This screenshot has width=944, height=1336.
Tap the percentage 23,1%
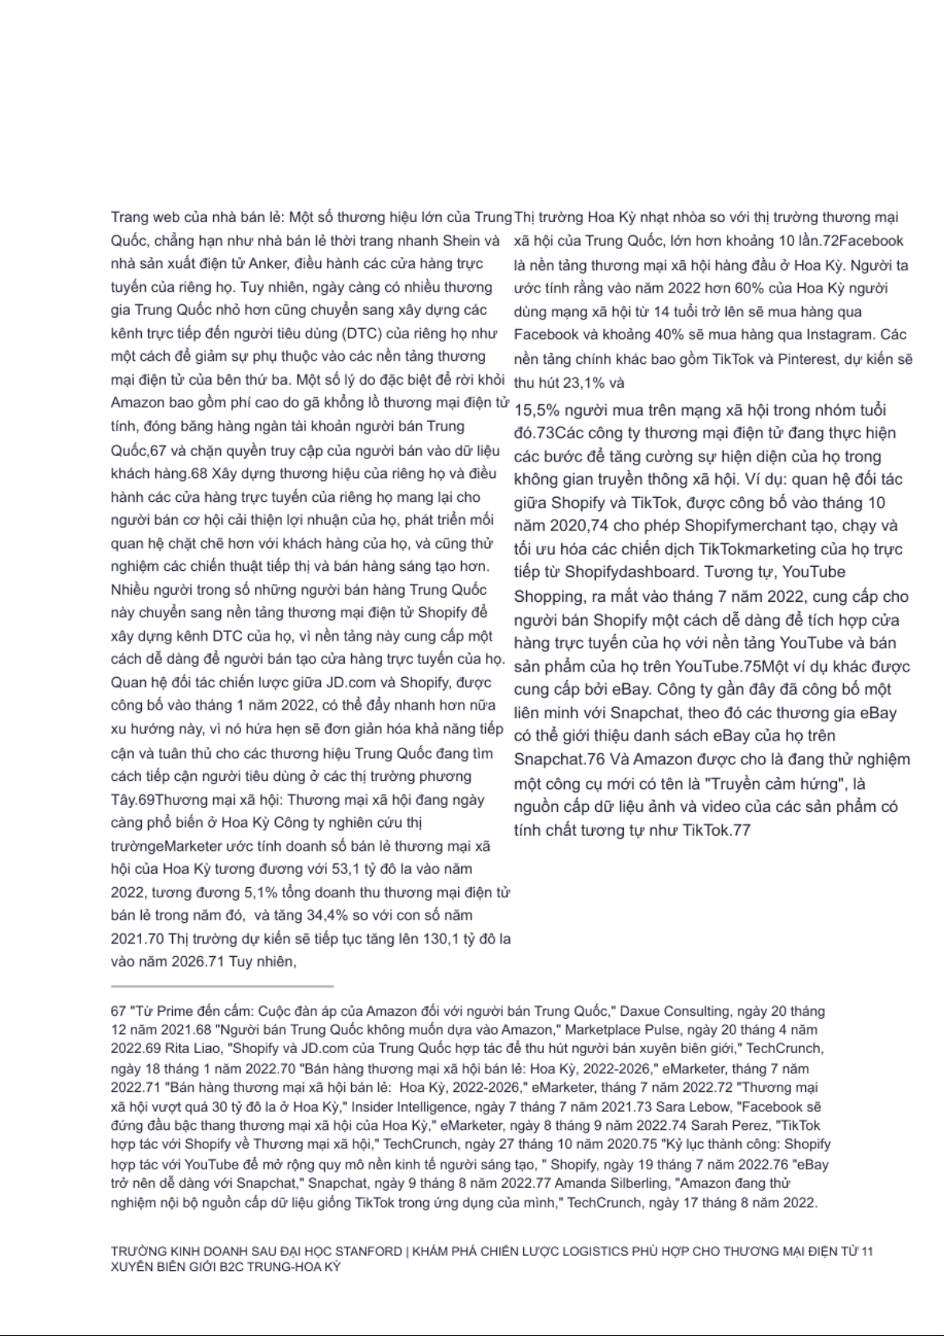point(583,383)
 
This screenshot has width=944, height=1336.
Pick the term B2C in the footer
point(225,1266)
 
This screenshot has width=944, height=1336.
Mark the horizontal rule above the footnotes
point(222,986)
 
